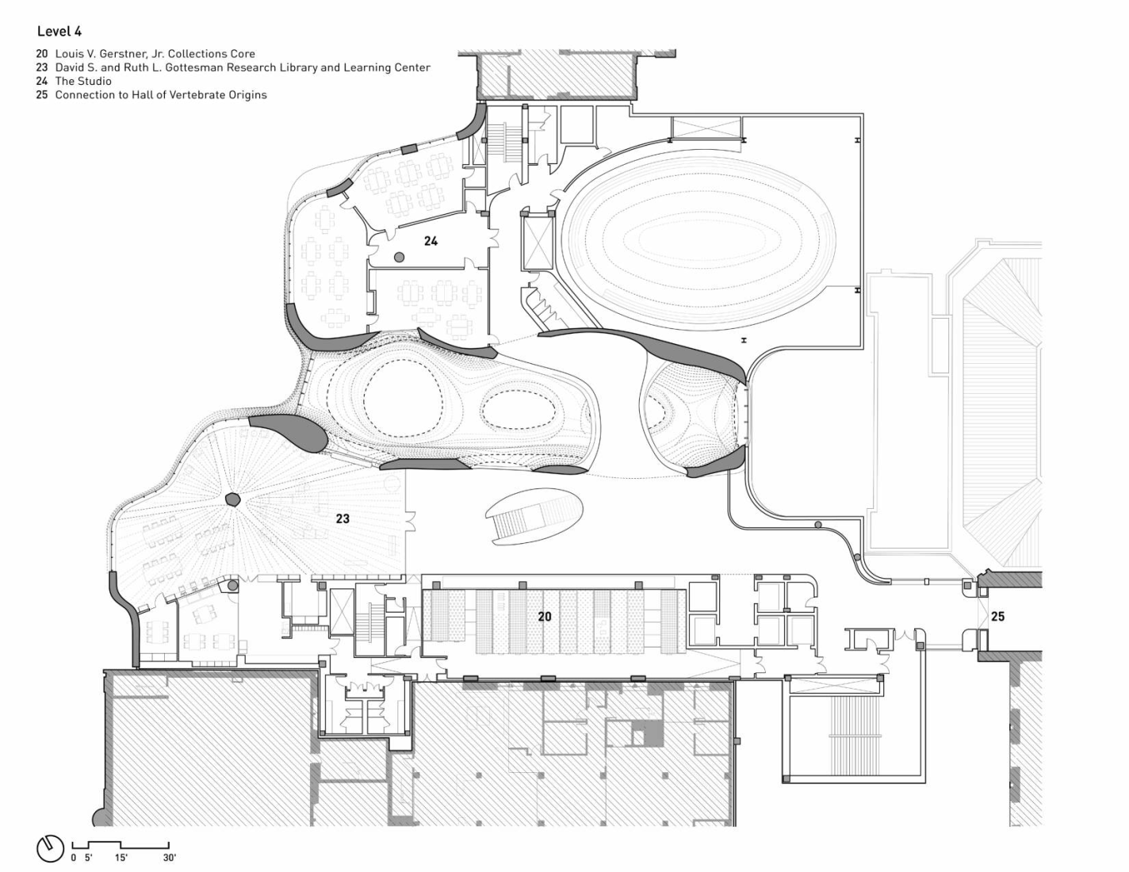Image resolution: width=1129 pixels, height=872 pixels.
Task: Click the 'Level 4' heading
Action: [x=59, y=32]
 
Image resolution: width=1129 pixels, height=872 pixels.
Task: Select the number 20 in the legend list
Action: [x=41, y=54]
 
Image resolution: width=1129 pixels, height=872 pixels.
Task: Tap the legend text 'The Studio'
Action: [x=82, y=81]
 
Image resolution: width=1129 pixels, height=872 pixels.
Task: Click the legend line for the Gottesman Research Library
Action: [x=242, y=67]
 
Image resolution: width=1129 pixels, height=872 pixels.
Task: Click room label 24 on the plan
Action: [x=431, y=241]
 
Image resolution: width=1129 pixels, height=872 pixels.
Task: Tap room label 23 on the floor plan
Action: [x=343, y=519]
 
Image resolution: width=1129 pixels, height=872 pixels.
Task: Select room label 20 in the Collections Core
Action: [x=545, y=616]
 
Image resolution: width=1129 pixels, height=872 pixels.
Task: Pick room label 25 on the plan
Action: [x=997, y=616]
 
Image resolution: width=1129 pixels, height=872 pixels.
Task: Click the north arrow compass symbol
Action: [x=49, y=847]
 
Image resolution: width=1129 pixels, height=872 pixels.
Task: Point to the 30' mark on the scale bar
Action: [x=169, y=858]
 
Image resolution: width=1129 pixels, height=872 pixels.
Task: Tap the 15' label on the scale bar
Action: [x=121, y=858]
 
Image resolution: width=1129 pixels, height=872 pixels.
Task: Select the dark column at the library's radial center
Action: [x=232, y=499]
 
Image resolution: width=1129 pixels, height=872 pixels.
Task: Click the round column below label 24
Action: [x=399, y=257]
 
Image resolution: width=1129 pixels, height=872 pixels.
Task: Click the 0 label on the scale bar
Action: [x=74, y=858]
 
